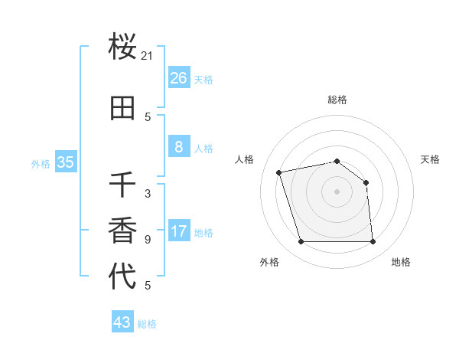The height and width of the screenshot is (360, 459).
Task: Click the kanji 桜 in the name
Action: pos(123,47)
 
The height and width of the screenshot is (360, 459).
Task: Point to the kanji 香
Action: pos(123,231)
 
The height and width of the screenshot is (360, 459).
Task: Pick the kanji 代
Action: pos(123,276)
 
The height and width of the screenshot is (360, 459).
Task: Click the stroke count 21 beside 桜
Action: pos(148,55)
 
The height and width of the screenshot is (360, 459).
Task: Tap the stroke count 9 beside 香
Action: pos(148,240)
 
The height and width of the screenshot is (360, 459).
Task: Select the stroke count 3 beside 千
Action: pos(148,194)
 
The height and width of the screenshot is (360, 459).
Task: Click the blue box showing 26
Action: pos(178,77)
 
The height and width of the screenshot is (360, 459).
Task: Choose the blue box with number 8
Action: pos(178,147)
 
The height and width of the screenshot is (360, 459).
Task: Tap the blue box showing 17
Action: pos(178,231)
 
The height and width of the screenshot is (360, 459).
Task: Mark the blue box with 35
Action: pos(66,162)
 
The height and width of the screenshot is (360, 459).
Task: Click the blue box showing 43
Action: pos(122,322)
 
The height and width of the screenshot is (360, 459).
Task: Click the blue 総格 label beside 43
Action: pos(147,324)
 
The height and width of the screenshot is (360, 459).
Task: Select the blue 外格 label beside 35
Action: pos(41,163)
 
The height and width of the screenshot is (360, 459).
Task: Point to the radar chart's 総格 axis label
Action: pos(337,100)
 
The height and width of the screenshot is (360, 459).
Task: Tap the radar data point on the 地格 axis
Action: pos(373,242)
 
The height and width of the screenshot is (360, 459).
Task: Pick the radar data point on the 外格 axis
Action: pos(301,242)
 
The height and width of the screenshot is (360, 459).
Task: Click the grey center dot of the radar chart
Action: pos(337,191)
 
